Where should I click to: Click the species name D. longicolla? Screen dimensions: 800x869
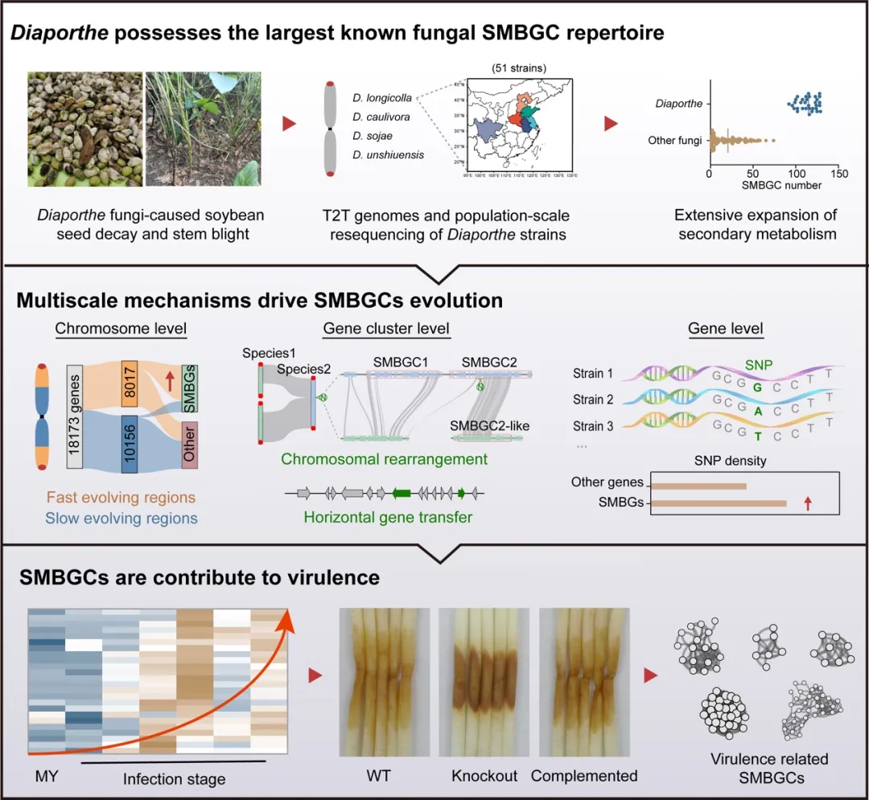coord(381,98)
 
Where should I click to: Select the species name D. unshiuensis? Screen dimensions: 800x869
coord(387,154)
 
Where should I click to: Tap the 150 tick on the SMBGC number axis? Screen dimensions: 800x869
coord(838,174)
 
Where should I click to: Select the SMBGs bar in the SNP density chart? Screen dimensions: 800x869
coord(718,504)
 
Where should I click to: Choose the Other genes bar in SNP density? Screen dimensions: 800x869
coord(698,485)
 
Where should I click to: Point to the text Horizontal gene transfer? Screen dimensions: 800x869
coord(387,517)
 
